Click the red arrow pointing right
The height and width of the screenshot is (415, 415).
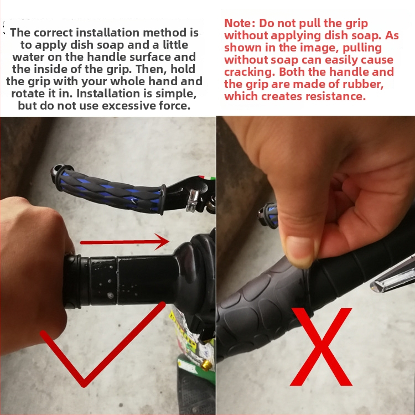click(124, 242)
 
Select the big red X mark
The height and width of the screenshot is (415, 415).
click(321, 347)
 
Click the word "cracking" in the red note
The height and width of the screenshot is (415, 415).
click(249, 72)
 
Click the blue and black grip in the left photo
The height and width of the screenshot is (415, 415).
click(108, 189)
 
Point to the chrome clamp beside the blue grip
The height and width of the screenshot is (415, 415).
click(193, 200)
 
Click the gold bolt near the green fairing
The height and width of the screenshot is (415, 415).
click(206, 365)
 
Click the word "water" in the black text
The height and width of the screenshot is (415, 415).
click(28, 57)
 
